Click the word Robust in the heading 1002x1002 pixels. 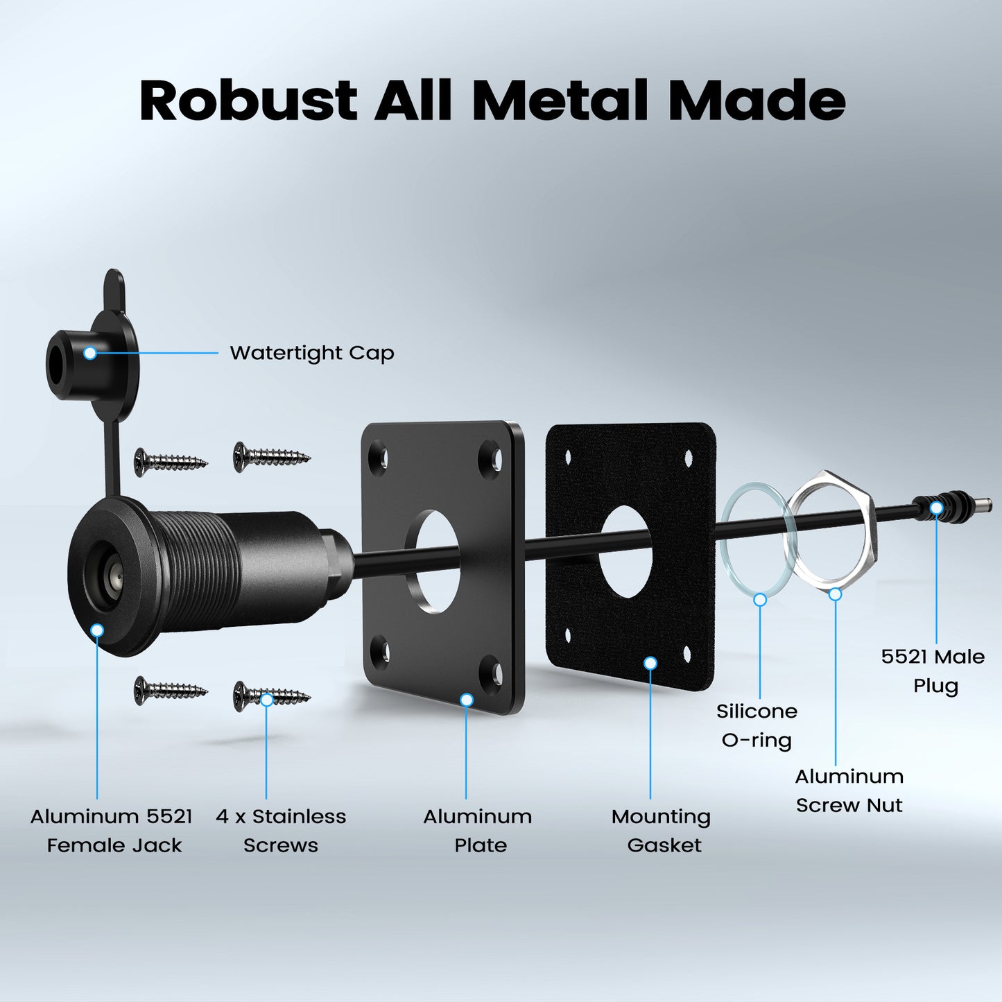pos(248,101)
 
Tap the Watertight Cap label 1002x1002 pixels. pos(311,353)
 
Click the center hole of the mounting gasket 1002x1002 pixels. pos(625,551)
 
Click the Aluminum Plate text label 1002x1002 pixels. pos(478,831)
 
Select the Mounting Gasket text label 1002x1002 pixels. pos(662,831)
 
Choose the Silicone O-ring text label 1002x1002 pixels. pos(757,725)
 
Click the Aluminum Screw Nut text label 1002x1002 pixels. pos(849,791)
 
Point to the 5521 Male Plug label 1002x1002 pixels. pos(933,671)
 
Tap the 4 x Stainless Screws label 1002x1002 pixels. pos(281,831)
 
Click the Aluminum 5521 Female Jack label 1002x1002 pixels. pos(112,831)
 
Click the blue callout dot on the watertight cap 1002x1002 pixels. pos(89,353)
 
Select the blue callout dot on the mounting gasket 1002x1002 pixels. pos(650,664)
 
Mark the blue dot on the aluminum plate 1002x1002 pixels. pos(467,700)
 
